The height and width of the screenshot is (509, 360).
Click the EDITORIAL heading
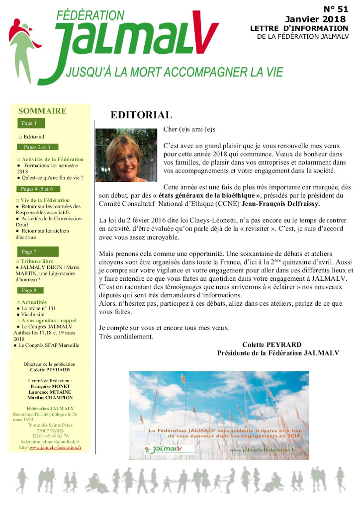click(x=141, y=115)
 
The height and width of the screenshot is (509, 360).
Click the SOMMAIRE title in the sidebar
click(x=42, y=111)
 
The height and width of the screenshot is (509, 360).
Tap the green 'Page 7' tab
click(x=29, y=252)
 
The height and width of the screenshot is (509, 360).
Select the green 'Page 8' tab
click(x=29, y=290)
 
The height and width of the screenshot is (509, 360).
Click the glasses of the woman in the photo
click(x=125, y=158)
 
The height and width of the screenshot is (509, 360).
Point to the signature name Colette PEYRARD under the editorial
click(x=271, y=344)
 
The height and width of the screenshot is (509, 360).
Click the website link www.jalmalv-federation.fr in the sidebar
click(x=55, y=447)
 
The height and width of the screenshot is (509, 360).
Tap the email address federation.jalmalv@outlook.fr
click(x=50, y=441)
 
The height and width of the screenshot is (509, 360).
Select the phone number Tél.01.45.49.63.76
click(x=51, y=435)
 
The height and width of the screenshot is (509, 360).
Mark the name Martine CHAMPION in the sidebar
click(x=51, y=398)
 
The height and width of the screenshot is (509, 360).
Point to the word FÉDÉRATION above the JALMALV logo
click(x=90, y=15)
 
